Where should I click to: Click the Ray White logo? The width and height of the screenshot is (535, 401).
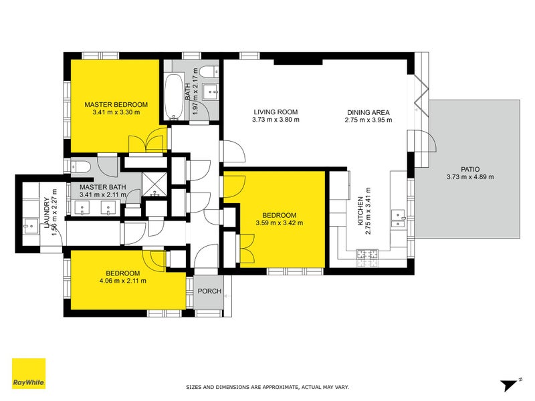29,374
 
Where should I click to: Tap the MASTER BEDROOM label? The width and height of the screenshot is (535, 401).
116,105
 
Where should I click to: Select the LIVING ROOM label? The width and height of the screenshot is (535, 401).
276,112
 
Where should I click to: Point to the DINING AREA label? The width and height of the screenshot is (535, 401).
368,112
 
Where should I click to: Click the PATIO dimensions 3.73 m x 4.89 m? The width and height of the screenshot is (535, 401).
470,176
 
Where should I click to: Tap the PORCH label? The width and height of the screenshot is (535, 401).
209,291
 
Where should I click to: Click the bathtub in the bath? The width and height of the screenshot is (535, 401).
174,96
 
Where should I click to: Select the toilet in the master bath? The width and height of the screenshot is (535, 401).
80,167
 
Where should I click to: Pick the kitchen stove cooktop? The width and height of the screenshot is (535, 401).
367,258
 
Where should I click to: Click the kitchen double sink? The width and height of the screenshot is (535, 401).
398,219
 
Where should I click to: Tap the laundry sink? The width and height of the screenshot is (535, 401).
31,225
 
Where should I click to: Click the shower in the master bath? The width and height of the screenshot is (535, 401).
154,184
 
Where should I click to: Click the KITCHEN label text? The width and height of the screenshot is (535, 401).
360,211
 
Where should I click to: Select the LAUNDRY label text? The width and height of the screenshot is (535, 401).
46,213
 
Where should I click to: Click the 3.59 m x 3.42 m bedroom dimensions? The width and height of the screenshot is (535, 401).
280,223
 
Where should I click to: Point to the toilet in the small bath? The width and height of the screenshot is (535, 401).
209,72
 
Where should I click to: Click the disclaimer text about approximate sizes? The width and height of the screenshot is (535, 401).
267,387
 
